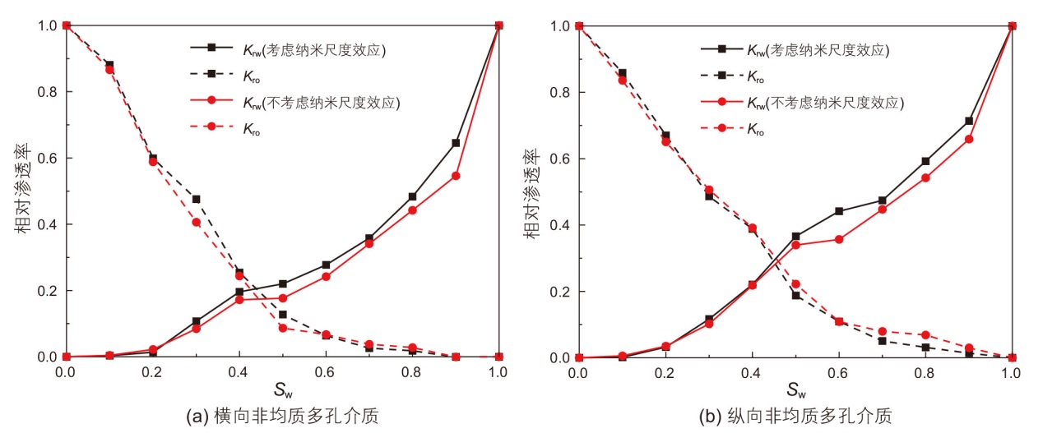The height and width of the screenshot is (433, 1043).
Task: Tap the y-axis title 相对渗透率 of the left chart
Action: (x=25, y=191)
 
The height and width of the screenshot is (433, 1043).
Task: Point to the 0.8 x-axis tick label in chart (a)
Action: (x=411, y=371)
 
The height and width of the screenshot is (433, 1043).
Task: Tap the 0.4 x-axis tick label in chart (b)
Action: (x=752, y=371)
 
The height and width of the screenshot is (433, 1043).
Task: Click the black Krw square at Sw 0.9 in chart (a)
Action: (x=455, y=143)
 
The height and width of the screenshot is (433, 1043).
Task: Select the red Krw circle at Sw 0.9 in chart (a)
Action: (x=455, y=176)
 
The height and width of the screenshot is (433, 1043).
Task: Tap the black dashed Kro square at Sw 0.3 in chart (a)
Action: (x=196, y=199)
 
